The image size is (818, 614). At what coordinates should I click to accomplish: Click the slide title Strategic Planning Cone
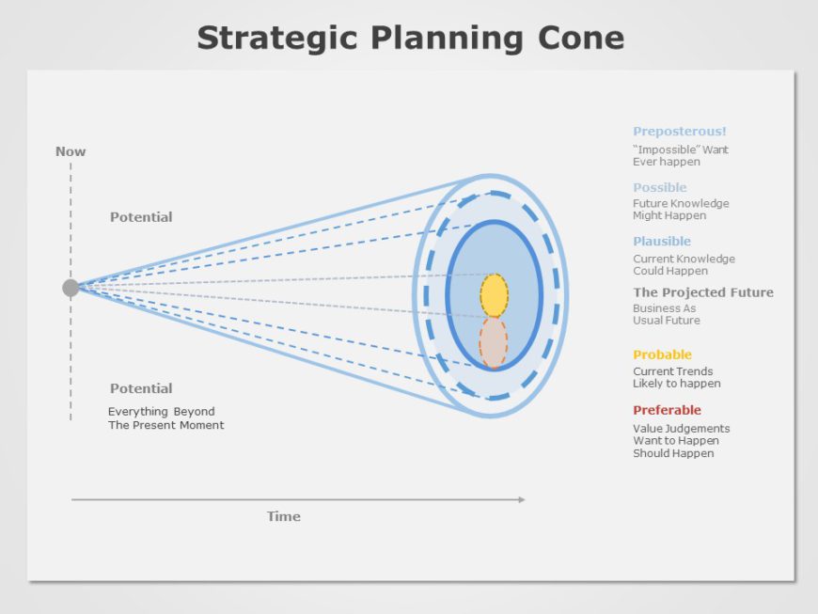pyautogui.click(x=410, y=39)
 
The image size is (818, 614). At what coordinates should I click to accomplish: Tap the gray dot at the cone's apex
pyautogui.click(x=71, y=288)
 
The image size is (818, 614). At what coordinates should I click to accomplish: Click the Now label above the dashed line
pyautogui.click(x=71, y=151)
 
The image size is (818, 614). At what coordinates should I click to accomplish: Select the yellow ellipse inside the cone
pyautogui.click(x=494, y=295)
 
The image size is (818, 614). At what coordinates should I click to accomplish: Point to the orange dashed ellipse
pyautogui.click(x=493, y=342)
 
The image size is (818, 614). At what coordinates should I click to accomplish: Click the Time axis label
pyautogui.click(x=283, y=516)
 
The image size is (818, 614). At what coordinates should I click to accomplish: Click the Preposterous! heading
pyautogui.click(x=679, y=132)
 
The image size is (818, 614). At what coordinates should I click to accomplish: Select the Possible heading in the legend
pyautogui.click(x=659, y=187)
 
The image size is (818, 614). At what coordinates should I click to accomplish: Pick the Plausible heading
pyautogui.click(x=661, y=242)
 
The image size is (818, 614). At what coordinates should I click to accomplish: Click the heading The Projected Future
pyautogui.click(x=702, y=292)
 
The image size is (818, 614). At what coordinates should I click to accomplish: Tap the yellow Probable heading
pyautogui.click(x=662, y=354)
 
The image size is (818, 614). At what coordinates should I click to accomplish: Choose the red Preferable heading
pyautogui.click(x=667, y=410)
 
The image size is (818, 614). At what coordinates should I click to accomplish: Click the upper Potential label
pyautogui.click(x=141, y=217)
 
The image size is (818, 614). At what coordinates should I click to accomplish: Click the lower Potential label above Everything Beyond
pyautogui.click(x=141, y=388)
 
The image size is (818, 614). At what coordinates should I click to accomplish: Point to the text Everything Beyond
pyautogui.click(x=161, y=412)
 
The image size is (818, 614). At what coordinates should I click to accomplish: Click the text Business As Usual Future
pyautogui.click(x=666, y=314)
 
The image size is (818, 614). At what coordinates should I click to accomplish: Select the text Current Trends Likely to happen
pyautogui.click(x=676, y=377)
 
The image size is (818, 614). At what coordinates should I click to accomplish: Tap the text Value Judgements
pyautogui.click(x=681, y=429)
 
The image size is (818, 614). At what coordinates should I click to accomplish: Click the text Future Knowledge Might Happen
pyautogui.click(x=680, y=210)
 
